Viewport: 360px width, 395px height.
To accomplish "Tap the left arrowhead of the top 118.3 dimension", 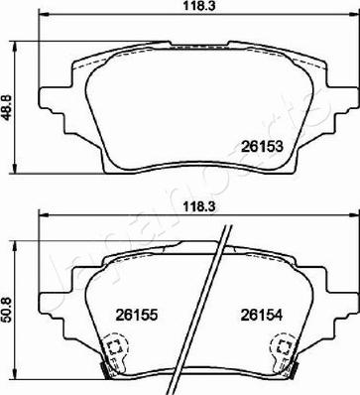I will click(42, 20).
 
